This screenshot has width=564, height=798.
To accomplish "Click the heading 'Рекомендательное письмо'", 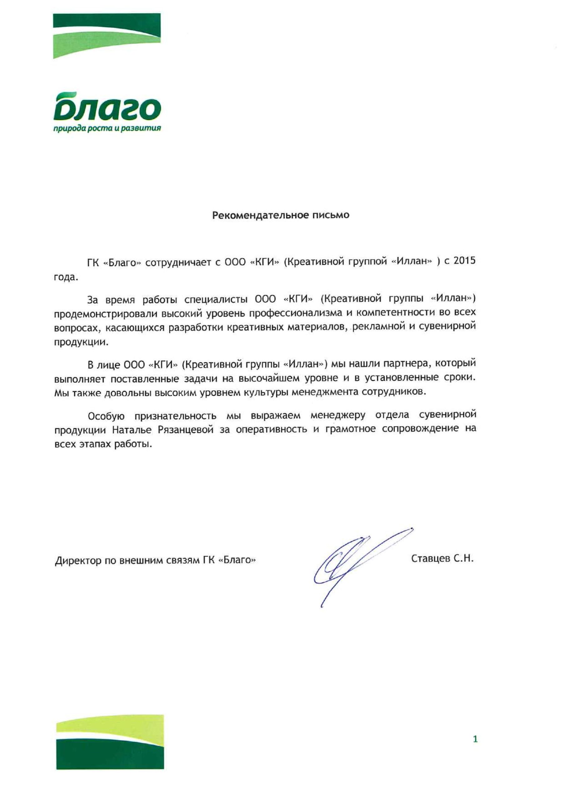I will [281, 215].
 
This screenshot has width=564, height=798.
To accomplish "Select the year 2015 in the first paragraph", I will [464, 261].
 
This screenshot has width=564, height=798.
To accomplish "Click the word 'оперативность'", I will [271, 430].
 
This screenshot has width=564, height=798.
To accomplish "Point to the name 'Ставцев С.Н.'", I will [442, 559].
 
